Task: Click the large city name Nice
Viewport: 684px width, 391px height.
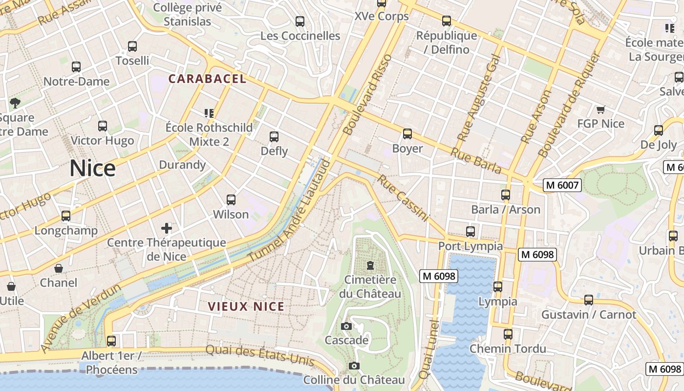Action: pyautogui.click(x=92, y=168)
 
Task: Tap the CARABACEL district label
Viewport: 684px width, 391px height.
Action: pyautogui.click(x=207, y=79)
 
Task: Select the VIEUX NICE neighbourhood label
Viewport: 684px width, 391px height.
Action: pyautogui.click(x=246, y=306)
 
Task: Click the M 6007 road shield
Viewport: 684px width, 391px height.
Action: pyautogui.click(x=562, y=185)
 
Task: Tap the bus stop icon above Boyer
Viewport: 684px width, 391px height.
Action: pyautogui.click(x=407, y=133)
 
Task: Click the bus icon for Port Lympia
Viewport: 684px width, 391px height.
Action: pyautogui.click(x=470, y=232)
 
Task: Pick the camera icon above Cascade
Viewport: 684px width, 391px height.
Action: pyautogui.click(x=346, y=326)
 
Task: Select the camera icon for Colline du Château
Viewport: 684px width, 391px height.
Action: pyautogui.click(x=354, y=366)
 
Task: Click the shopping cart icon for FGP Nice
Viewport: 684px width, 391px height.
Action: pyautogui.click(x=600, y=109)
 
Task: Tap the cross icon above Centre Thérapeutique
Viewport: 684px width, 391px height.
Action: pyautogui.click(x=167, y=228)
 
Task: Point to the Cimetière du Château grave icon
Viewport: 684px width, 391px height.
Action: pyautogui.click(x=370, y=265)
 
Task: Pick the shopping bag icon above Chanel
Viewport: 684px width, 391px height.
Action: pyautogui.click(x=58, y=268)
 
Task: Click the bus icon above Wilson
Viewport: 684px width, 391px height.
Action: pyautogui.click(x=231, y=199)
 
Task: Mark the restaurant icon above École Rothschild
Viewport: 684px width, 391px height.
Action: pyautogui.click(x=209, y=113)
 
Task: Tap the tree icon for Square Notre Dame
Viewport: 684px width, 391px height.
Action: pyautogui.click(x=15, y=103)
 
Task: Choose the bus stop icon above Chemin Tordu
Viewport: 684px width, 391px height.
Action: pyautogui.click(x=508, y=334)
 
